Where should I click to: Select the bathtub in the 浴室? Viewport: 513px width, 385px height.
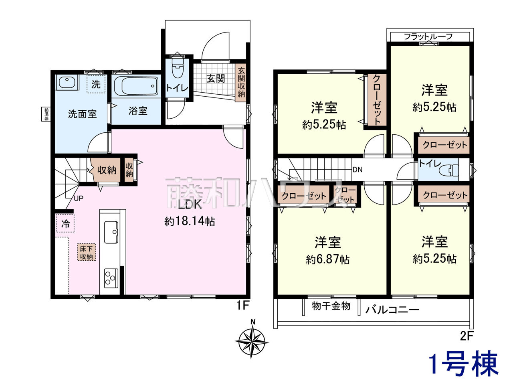(x=136, y=86)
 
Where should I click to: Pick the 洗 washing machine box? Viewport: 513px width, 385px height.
(x=96, y=84)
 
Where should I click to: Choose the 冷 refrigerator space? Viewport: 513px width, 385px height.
(x=65, y=224)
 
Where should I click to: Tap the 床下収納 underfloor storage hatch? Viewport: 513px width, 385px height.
(x=86, y=253)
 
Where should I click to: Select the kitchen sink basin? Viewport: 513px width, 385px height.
(x=111, y=232)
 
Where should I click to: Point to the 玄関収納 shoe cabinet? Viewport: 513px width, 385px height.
(x=241, y=83)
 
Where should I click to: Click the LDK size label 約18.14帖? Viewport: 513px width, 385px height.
(x=190, y=221)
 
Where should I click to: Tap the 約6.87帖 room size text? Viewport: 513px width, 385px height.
(x=328, y=259)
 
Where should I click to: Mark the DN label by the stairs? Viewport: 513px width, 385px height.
(x=357, y=170)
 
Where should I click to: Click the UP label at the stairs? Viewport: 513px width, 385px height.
(x=79, y=198)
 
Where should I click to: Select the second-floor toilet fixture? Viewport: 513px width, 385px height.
(x=449, y=170)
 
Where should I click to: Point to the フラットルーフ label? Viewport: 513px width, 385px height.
(x=428, y=36)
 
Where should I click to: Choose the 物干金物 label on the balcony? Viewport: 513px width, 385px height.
(x=331, y=306)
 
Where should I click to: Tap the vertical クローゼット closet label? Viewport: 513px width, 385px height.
(x=376, y=100)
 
